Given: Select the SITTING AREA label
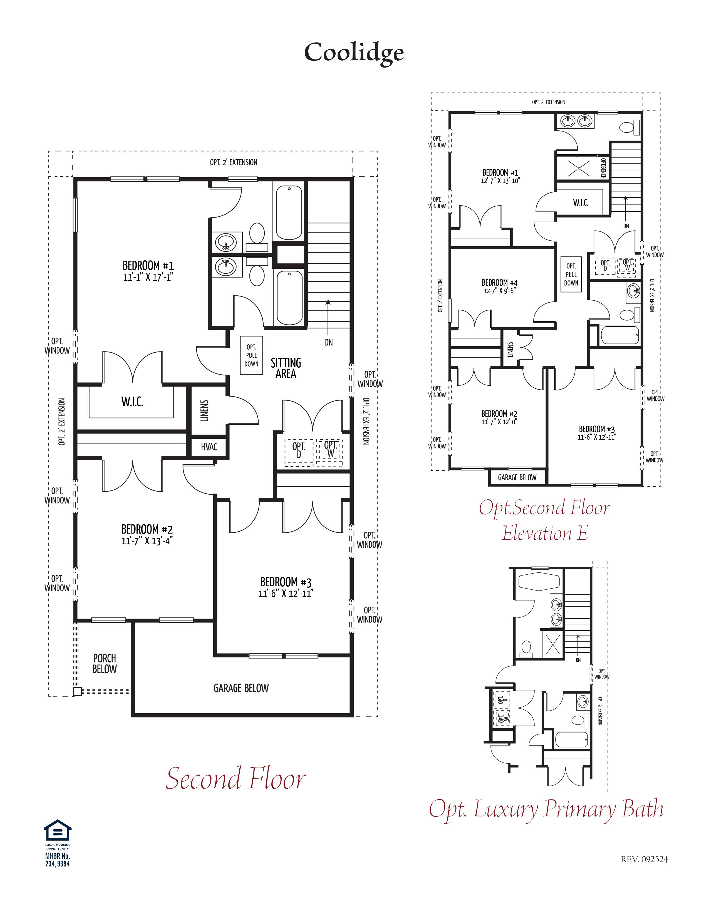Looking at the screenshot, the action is tap(286, 368).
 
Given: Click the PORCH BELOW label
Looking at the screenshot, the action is tap(105, 663).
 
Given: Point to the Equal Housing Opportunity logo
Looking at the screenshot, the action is tap(58, 831).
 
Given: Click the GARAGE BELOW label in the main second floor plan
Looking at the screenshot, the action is tap(241, 688).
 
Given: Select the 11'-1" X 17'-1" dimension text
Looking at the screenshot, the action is tap(148, 277).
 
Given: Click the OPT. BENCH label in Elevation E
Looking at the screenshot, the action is tap(603, 168).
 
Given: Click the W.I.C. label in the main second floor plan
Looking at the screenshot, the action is tap(132, 402).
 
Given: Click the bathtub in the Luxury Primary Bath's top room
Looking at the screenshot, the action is tap(539, 582).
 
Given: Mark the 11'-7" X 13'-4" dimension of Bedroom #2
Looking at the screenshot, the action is tap(147, 541).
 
